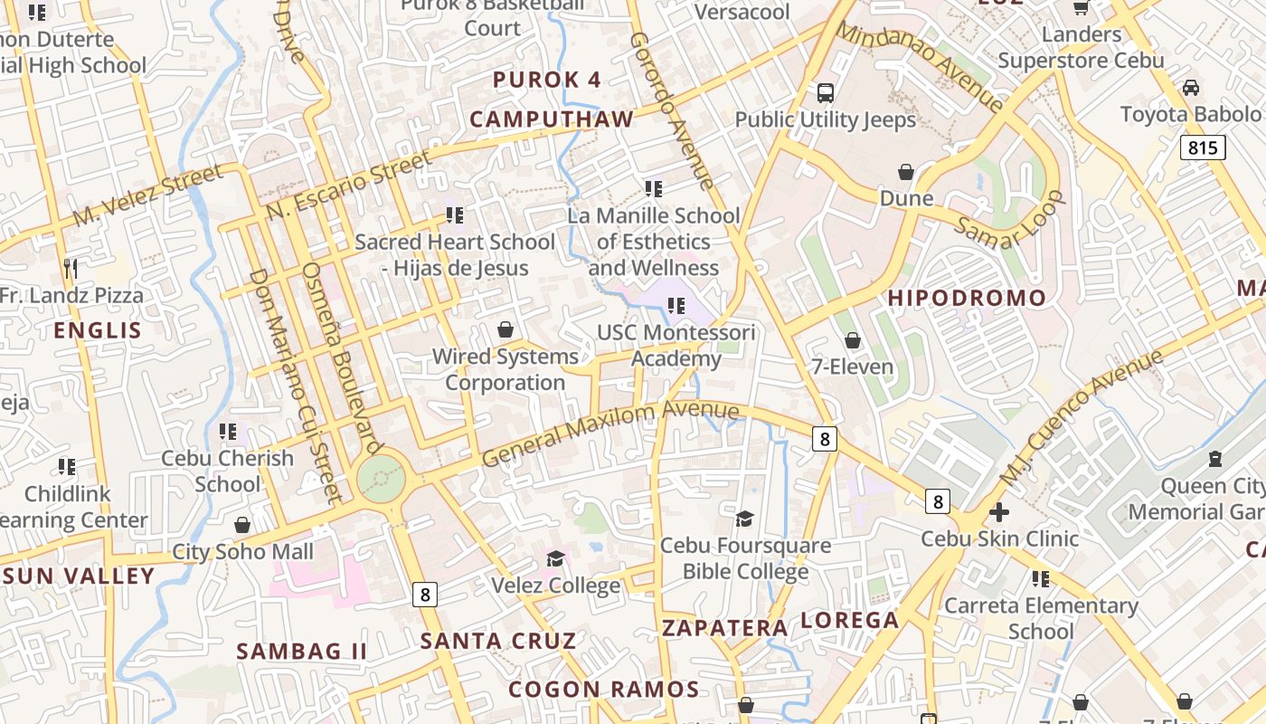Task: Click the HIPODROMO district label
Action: tap(966, 298)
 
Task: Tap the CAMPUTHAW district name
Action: tap(552, 119)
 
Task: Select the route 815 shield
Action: tap(1202, 147)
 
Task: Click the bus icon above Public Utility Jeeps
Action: tap(825, 92)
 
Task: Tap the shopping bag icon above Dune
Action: tap(906, 172)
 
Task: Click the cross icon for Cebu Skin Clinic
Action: tap(999, 512)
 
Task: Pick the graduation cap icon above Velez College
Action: tap(555, 558)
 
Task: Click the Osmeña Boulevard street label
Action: tap(340, 357)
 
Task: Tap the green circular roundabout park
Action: tap(380, 478)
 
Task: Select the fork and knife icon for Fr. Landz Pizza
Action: tap(71, 269)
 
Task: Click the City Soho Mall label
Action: tap(242, 551)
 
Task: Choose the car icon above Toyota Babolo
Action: tap(1190, 88)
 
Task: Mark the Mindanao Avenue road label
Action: tap(919, 67)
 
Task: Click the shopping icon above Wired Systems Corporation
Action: tap(505, 329)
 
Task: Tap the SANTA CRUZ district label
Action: tap(498, 641)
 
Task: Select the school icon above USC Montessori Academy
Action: tap(676, 306)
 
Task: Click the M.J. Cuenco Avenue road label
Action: tap(1081, 416)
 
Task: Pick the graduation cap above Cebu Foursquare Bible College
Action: tap(744, 519)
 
